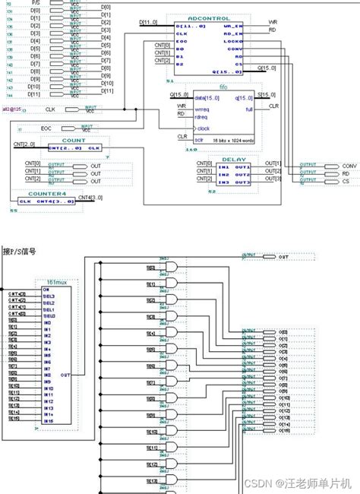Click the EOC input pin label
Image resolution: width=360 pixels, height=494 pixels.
tap(46, 128)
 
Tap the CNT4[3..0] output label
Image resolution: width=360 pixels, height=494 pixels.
tap(105, 197)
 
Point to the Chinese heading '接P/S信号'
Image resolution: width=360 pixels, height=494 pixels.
tap(21, 250)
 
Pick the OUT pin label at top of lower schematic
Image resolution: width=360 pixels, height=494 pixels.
tap(283, 258)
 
